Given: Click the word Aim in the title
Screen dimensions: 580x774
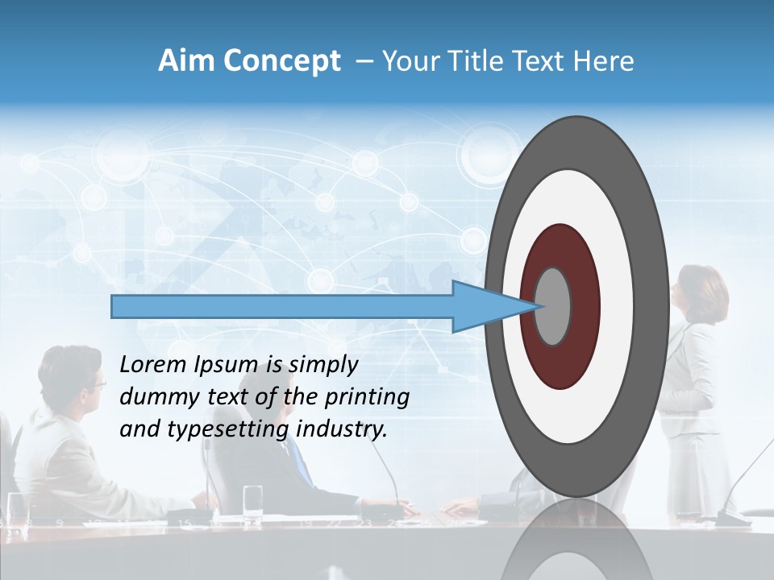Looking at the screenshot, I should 181,61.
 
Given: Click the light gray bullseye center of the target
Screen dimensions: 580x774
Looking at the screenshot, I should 553,306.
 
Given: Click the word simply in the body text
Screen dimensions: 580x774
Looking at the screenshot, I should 322,365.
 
